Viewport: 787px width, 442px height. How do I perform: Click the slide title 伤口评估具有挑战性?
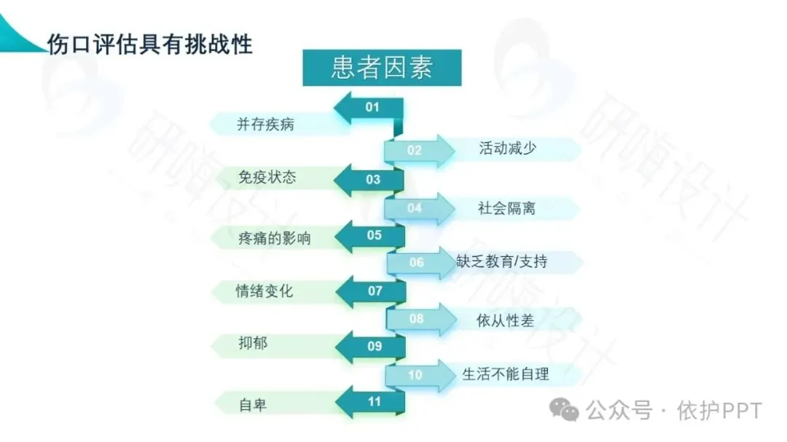point(149,44)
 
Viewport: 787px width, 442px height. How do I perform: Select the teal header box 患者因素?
point(382,68)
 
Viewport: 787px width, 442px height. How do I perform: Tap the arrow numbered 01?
point(370,108)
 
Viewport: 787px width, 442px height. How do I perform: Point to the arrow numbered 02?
point(417,151)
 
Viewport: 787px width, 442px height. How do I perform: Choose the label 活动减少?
point(507,148)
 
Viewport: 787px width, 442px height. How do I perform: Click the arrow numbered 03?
point(370,179)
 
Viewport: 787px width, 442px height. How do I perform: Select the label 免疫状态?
point(267,177)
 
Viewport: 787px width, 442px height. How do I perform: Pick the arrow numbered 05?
point(370,235)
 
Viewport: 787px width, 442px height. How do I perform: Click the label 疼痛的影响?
point(274,238)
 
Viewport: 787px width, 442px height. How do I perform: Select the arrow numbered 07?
point(372,291)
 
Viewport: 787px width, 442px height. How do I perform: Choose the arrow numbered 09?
point(372,347)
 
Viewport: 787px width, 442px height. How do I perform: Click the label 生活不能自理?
point(506,375)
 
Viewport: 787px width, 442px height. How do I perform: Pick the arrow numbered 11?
point(372,401)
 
